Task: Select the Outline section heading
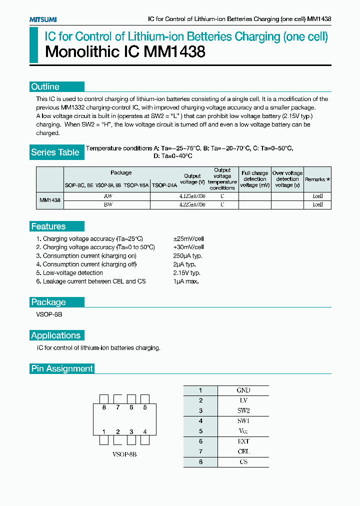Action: pos(45,86)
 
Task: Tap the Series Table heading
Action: pos(55,152)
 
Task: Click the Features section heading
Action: pos(48,226)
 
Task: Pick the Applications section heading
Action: pos(55,335)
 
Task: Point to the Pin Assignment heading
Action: pos(62,368)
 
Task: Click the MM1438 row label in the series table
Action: pos(50,200)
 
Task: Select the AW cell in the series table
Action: pos(107,196)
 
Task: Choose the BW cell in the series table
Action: pos(107,204)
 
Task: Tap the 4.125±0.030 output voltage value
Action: pos(192,196)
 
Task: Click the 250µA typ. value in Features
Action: pos(188,255)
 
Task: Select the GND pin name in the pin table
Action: pos(243,390)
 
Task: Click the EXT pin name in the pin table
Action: pos(243,441)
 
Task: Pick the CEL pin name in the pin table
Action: pos(243,451)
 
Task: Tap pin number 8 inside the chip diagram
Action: pos(104,407)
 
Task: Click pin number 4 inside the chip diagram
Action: pos(145,431)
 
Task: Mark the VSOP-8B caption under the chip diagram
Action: pos(124,455)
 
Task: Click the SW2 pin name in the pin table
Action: pos(243,410)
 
